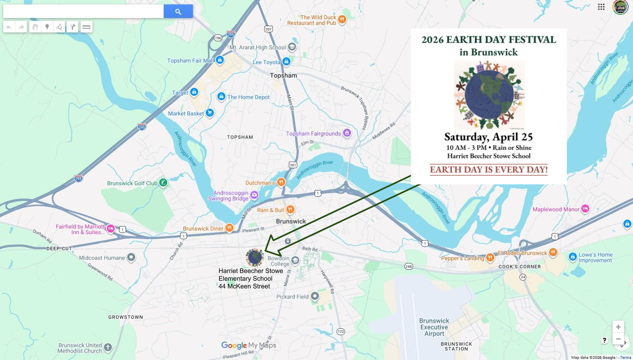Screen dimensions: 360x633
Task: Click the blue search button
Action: click(178, 12)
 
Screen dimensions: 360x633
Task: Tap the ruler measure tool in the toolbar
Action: click(86, 27)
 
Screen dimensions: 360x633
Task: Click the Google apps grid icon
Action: click(601, 7)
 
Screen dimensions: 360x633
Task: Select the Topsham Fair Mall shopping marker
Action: click(219, 60)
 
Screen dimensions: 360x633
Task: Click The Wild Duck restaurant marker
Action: click(342, 19)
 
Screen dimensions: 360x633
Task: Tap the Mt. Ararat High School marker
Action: click(292, 47)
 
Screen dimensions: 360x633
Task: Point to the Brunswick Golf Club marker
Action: click(163, 183)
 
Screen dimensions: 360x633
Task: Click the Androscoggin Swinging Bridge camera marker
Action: click(254, 195)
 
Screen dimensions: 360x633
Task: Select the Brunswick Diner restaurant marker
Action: click(229, 228)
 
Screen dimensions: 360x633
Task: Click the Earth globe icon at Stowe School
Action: click(254, 257)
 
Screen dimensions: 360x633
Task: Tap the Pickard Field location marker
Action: click(315, 297)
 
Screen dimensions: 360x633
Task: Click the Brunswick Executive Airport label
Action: click(434, 327)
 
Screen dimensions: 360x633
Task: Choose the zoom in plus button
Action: click(618, 327)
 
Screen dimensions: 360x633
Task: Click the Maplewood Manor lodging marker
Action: click(585, 209)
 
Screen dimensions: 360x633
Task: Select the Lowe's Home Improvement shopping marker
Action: click(573, 257)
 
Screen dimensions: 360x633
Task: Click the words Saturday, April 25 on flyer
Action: click(488, 137)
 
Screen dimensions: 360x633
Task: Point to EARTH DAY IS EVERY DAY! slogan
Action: click(489, 170)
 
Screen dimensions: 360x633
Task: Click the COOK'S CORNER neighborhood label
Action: click(519, 267)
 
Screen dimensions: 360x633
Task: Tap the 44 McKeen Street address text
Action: click(244, 286)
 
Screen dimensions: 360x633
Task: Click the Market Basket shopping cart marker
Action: click(209, 113)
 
